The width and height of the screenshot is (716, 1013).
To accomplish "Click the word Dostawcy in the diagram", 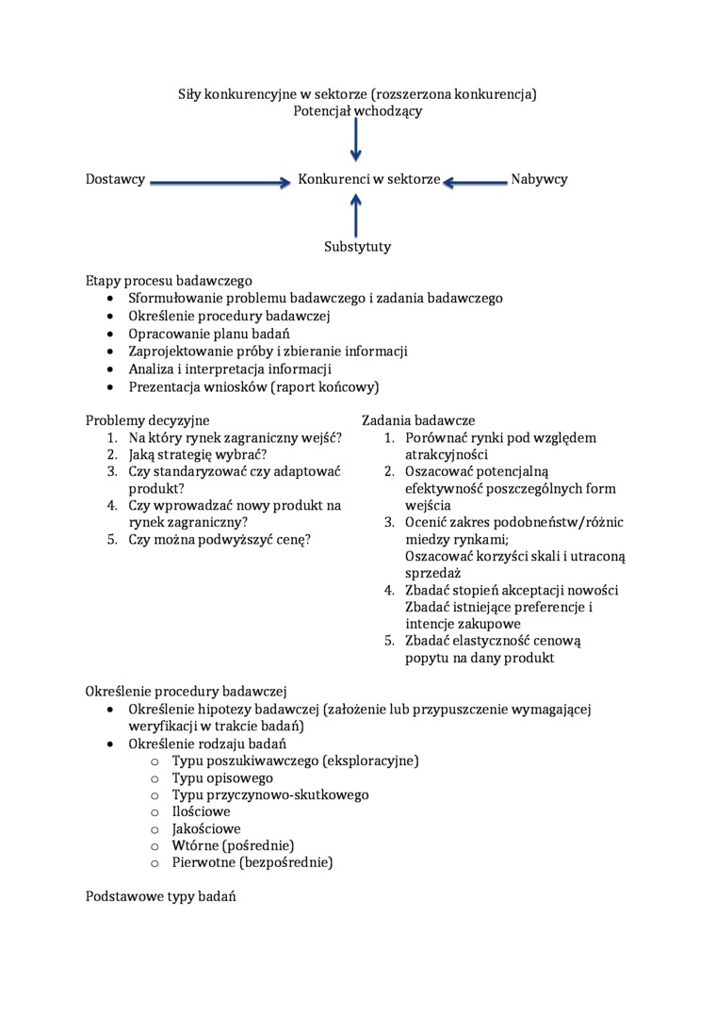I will click(115, 179).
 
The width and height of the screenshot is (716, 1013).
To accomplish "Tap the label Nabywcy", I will click(539, 179).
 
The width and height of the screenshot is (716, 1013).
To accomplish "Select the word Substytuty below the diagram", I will click(357, 247).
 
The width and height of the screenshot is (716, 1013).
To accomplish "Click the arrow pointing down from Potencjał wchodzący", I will click(356, 140).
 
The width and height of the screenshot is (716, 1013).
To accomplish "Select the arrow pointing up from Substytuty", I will click(356, 214).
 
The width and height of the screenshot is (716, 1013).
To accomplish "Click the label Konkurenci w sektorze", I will click(369, 179).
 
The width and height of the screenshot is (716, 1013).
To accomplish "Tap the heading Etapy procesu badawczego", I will click(169, 280).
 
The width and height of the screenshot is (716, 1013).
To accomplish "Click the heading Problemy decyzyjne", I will click(147, 420).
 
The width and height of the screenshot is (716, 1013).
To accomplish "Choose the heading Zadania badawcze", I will click(418, 420).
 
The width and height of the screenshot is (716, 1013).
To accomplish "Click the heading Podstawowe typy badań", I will click(160, 896).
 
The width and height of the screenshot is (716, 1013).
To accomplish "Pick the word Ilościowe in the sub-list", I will click(201, 811).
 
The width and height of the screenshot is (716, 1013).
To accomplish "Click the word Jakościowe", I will click(206, 828).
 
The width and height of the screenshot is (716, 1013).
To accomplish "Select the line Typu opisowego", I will click(222, 777).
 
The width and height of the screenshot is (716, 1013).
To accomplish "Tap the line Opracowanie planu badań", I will click(209, 334).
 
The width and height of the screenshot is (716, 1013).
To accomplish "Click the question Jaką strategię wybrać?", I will click(198, 454).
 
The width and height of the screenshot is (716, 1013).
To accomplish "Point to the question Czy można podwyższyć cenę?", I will click(220, 539).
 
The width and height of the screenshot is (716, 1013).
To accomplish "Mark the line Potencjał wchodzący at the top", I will click(357, 111).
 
